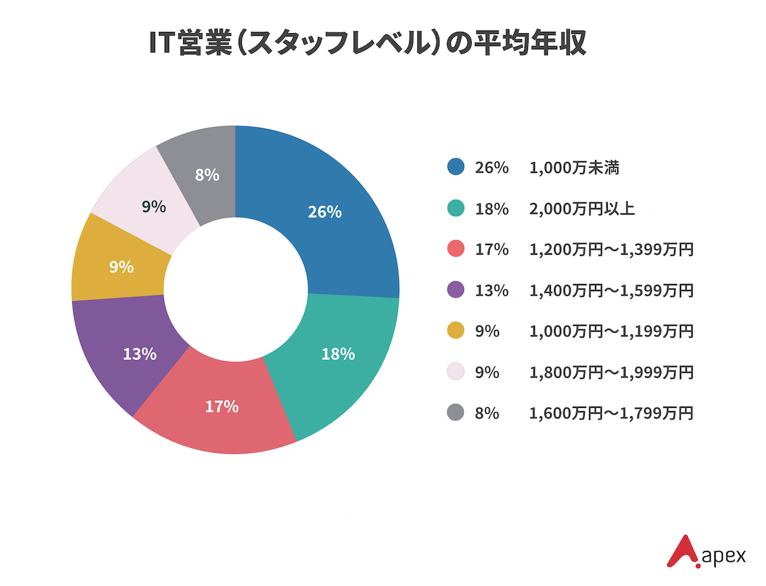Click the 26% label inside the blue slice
click(325, 213)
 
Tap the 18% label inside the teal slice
click(338, 354)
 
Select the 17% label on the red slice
click(222, 406)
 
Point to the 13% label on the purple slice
click(140, 354)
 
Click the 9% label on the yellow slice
click(121, 267)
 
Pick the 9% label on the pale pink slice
click(154, 207)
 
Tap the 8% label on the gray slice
click(207, 175)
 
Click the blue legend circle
click(456, 168)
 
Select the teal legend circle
click(456, 209)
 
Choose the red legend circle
click(456, 250)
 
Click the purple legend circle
click(456, 290)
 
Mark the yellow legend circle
click(456, 331)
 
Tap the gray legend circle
click(456, 413)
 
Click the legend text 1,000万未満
click(574, 168)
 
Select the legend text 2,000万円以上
click(582, 209)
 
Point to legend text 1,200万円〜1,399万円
click(611, 250)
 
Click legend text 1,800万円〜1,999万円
click(611, 372)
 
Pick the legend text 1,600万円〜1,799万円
click(611, 413)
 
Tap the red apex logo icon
click(680, 551)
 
